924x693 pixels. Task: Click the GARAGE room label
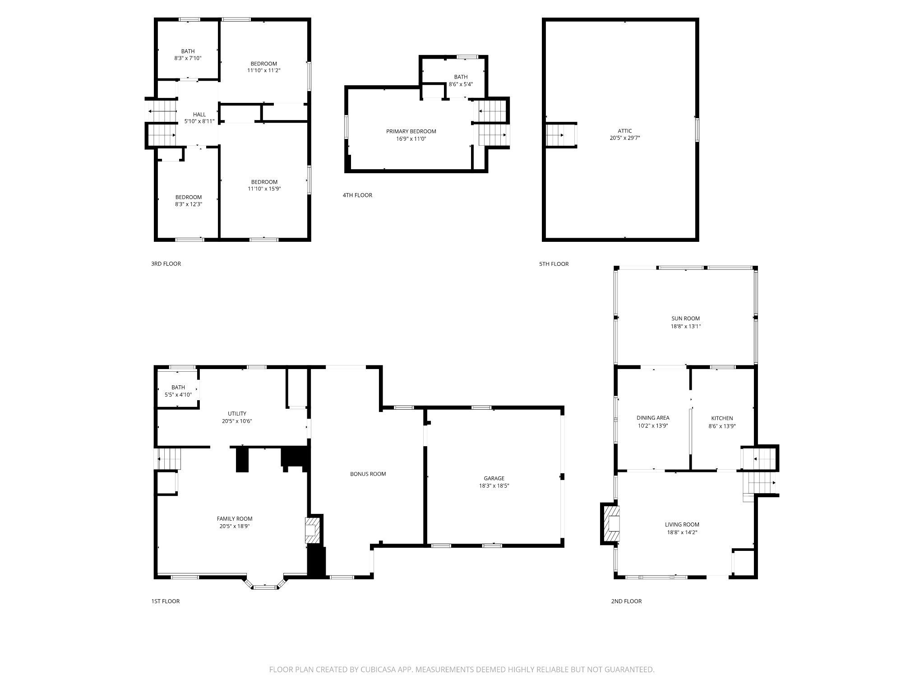[494, 478]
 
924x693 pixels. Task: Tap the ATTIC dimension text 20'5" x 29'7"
[624, 139]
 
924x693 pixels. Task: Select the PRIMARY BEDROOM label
[411, 131]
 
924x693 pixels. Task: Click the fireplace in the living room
[613, 524]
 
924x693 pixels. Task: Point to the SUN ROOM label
[685, 319]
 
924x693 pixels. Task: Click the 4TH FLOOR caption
[357, 195]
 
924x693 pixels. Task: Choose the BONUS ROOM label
[368, 474]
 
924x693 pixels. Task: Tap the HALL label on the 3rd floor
[199, 115]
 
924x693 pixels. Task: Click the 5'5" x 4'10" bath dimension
[178, 395]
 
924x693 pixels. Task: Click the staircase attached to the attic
[561, 135]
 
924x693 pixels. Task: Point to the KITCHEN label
[721, 418]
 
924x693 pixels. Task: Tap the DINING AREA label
[652, 418]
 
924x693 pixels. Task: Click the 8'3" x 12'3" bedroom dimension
[188, 204]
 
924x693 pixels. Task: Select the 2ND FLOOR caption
[626, 601]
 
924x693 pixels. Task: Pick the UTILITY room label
[236, 414]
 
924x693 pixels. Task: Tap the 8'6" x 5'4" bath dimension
[460, 84]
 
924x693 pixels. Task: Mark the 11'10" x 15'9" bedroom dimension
[264, 189]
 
